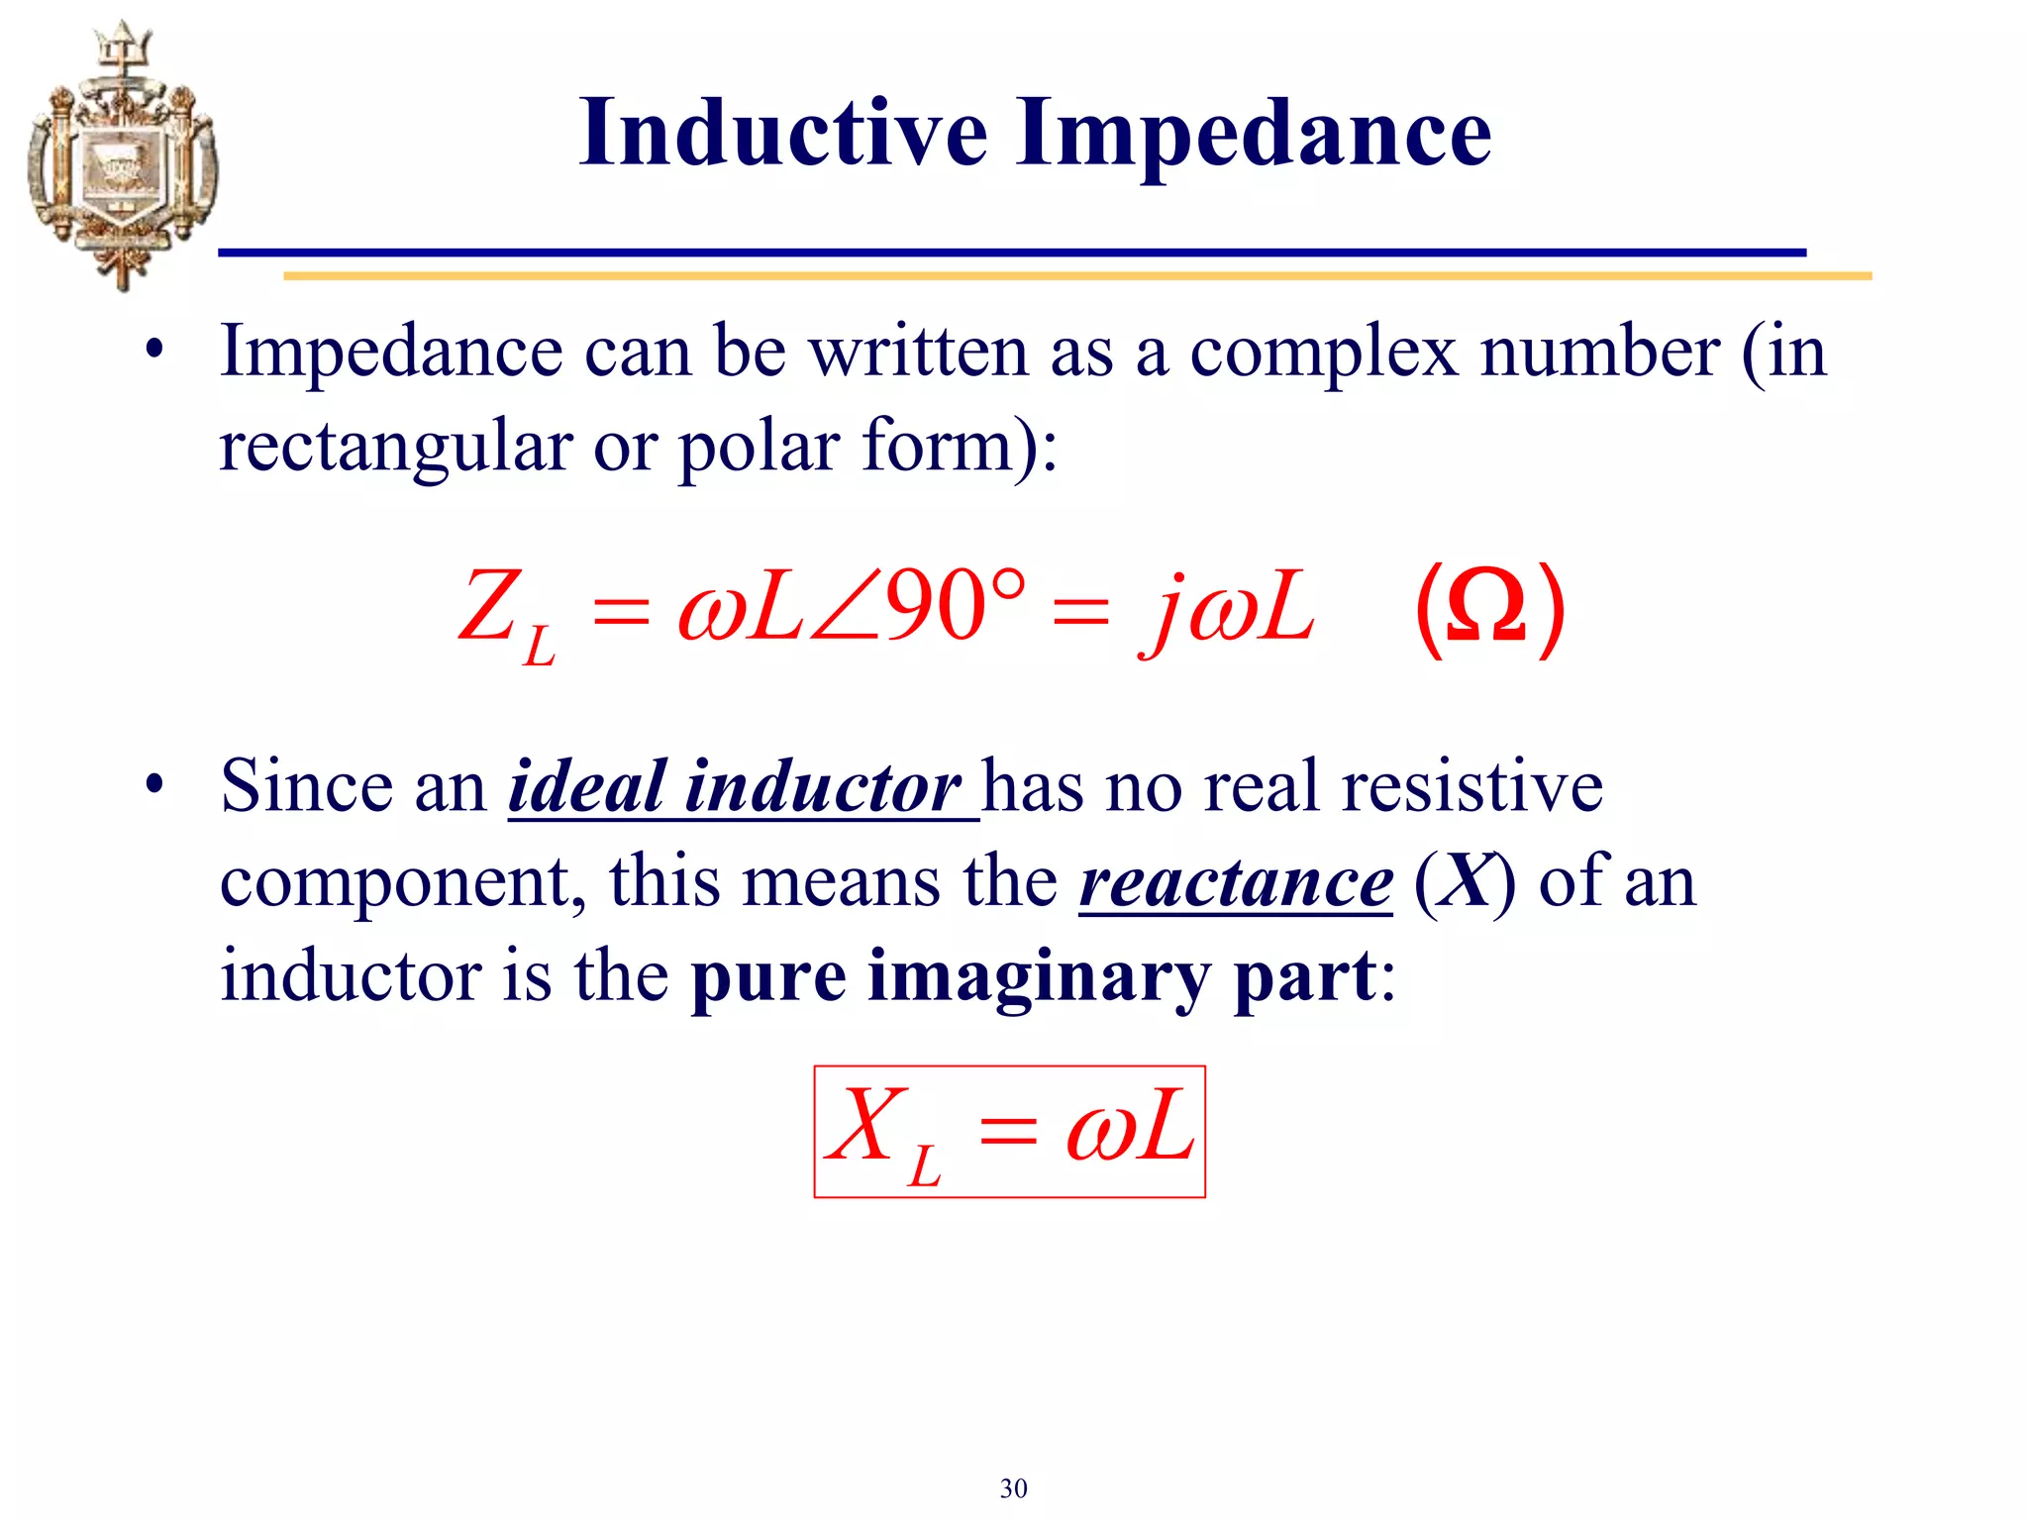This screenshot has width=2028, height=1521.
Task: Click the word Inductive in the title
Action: point(783,133)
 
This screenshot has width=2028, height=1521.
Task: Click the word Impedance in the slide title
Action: point(1253,135)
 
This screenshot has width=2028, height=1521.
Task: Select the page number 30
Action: point(1013,1488)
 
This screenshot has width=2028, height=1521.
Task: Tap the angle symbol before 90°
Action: point(845,608)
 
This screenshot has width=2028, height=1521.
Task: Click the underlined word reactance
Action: point(1236,881)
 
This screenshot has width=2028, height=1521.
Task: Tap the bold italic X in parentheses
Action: point(1464,881)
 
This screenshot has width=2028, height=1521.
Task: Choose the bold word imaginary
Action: point(1039,976)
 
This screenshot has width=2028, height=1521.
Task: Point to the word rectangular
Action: point(395,447)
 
